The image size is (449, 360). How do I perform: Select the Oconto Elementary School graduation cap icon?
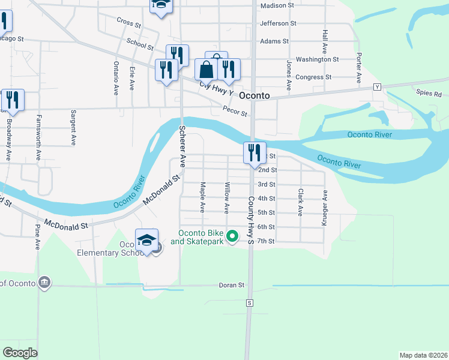tap(146, 241)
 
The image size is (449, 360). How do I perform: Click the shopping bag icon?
tap(206, 70)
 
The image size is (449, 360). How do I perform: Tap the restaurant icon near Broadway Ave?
tap(12, 100)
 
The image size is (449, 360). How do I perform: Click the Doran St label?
tap(232, 285)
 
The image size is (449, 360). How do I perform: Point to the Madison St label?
tap(277, 5)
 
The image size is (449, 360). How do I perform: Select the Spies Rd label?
tap(429, 94)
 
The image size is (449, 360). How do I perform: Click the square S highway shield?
tap(249, 304)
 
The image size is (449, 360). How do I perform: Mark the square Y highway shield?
tap(378, 86)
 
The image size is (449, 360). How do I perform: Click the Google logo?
tap(20, 353)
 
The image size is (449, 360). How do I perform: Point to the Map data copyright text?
tap(423, 355)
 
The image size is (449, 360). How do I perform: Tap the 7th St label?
tap(265, 241)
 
